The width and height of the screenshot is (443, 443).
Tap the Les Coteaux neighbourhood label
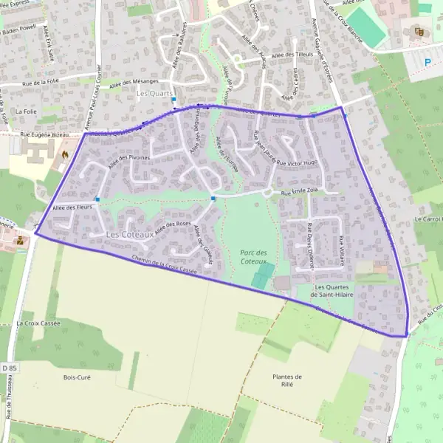click(x=129, y=234)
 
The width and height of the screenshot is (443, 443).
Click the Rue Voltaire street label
click(x=341, y=249)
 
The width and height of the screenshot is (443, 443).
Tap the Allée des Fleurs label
click(x=72, y=208)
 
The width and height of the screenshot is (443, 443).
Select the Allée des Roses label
click(x=174, y=224)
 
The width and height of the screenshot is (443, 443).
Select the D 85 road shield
click(x=9, y=408)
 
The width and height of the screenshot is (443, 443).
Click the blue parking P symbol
click(x=427, y=62)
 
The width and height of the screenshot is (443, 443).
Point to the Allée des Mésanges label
click(x=134, y=83)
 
